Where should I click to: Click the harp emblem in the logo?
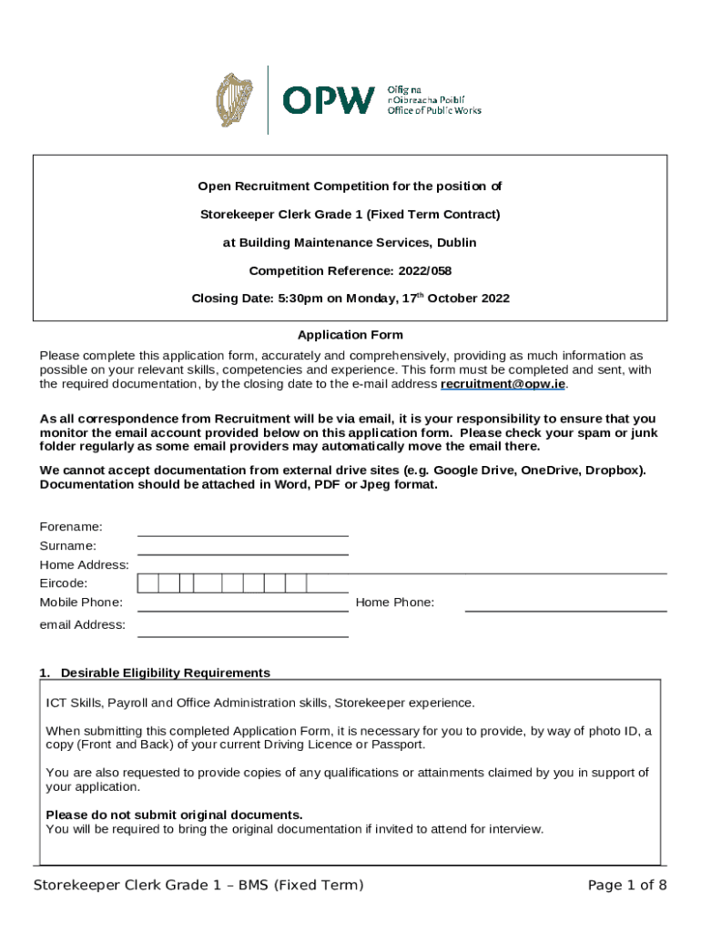(235, 100)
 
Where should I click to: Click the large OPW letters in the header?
(329, 100)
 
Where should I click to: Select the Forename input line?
(243, 528)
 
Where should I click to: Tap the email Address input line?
(243, 628)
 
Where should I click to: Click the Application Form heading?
(350, 335)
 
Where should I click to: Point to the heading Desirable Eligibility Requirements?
(165, 673)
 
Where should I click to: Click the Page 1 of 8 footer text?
(627, 886)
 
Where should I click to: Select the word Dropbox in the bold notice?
(614, 471)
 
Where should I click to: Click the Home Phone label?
(395, 603)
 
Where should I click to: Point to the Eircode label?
(64, 583)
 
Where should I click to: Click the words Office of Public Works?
(434, 111)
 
